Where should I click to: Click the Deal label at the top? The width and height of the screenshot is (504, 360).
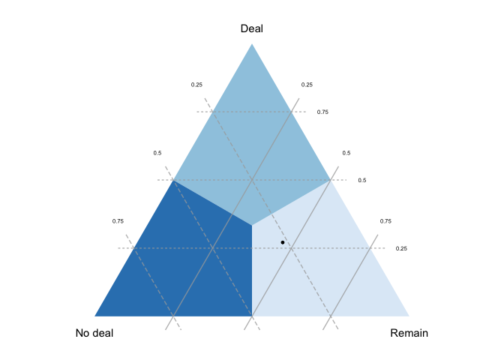click(x=252, y=28)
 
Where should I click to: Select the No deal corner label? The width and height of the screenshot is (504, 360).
click(x=94, y=333)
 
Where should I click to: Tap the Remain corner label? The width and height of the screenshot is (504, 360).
click(x=409, y=333)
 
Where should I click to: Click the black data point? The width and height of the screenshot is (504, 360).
click(x=283, y=242)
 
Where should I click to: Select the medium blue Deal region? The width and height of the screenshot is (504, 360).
click(x=252, y=150)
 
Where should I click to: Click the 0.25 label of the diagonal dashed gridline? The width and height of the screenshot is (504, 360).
click(x=196, y=85)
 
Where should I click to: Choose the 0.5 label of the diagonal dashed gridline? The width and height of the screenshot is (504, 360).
click(x=157, y=153)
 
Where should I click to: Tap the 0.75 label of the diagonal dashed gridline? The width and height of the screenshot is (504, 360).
click(x=118, y=221)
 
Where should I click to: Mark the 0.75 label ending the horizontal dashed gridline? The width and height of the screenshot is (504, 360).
click(x=322, y=112)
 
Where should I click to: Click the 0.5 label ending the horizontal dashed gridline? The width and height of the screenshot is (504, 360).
click(x=361, y=180)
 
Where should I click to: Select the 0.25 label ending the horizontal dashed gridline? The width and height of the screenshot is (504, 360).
click(x=401, y=248)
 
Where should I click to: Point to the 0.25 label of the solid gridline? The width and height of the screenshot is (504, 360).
click(x=307, y=85)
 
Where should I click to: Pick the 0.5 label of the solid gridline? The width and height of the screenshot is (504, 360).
click(x=346, y=153)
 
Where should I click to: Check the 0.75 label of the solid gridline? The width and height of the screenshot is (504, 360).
click(x=385, y=221)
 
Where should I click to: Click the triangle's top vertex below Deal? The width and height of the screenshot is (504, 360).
click(x=252, y=44)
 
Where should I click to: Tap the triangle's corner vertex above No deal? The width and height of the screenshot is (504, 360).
click(x=95, y=316)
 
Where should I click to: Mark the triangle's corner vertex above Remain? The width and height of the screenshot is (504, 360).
click(x=409, y=316)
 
